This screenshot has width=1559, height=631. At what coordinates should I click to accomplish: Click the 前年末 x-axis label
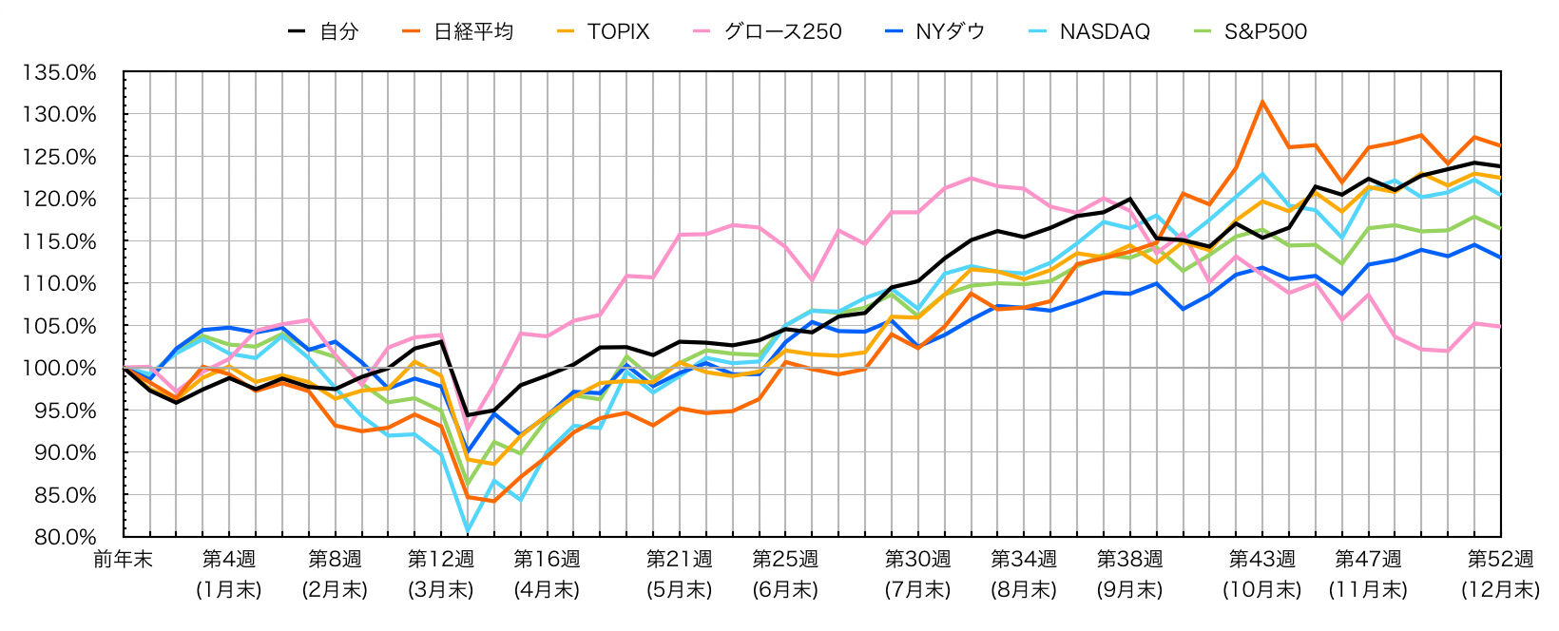[123, 559]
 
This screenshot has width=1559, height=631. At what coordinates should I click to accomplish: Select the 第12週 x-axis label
[440, 559]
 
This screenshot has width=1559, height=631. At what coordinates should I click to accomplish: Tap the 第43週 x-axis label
[1261, 559]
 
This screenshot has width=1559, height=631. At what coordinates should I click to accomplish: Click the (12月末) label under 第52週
[1500, 589]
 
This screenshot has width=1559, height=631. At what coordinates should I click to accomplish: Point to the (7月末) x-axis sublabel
[917, 589]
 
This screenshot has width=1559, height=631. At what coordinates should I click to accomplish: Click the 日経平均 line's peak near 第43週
[1261, 102]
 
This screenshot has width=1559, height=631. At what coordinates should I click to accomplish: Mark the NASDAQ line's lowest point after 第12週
[467, 530]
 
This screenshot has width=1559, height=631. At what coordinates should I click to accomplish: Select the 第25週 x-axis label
[785, 559]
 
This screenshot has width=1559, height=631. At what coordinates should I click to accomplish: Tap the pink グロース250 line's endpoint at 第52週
[1500, 326]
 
